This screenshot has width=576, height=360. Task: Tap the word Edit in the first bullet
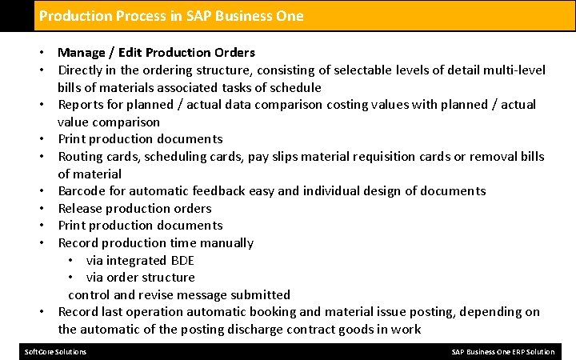coord(133,53)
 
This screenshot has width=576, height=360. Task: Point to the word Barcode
coord(82,191)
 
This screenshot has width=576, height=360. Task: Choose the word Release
coord(81,209)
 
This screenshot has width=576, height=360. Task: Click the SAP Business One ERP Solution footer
coord(502,352)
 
